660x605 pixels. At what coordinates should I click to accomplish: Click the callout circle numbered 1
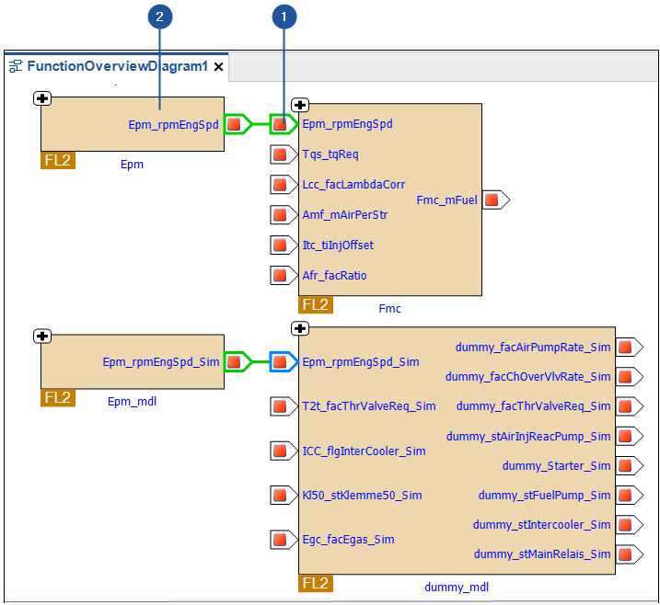tap(284, 17)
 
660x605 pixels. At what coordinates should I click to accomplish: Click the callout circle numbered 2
tap(161, 17)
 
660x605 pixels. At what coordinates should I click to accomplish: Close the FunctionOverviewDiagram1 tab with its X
tap(219, 67)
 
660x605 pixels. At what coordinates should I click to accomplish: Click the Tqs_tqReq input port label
tap(330, 154)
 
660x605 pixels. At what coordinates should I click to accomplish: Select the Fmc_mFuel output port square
tap(492, 199)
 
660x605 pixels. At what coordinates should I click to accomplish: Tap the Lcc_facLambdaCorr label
tap(353, 184)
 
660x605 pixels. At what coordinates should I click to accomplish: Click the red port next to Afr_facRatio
tap(280, 275)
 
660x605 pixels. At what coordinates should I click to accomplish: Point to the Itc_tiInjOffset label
tap(338, 245)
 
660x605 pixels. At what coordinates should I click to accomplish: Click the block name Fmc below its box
tap(390, 308)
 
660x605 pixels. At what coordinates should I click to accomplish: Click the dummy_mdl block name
tap(457, 587)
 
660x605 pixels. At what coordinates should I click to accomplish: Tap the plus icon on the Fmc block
tap(300, 106)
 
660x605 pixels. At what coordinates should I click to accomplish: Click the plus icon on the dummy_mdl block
tap(300, 328)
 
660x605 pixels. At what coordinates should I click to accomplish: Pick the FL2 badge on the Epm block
tap(57, 160)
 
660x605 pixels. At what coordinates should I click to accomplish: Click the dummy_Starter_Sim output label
tap(556, 465)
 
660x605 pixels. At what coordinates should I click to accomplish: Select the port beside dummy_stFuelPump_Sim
tap(626, 495)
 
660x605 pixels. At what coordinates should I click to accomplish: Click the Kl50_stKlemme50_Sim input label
tap(362, 495)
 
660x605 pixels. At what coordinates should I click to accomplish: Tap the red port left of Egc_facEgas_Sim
tap(280, 539)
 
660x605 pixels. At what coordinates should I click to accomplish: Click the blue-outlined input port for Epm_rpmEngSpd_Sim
tap(280, 361)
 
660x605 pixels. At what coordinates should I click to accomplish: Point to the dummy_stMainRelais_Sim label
tap(542, 554)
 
